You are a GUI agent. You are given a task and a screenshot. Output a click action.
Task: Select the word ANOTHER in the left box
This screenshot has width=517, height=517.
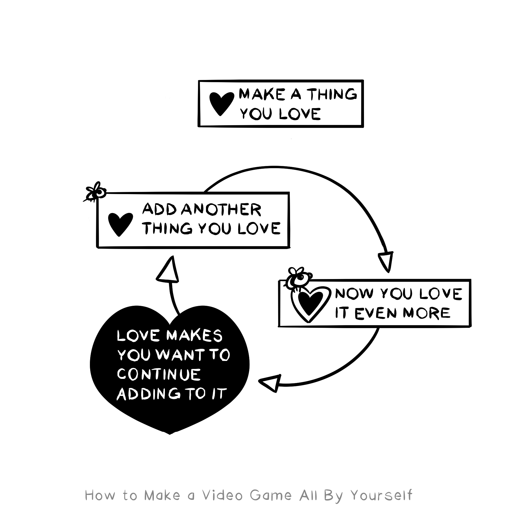222,210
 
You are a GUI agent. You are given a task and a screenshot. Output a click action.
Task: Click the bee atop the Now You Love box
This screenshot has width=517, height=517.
299,278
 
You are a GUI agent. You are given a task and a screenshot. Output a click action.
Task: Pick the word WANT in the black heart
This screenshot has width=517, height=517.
179,355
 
